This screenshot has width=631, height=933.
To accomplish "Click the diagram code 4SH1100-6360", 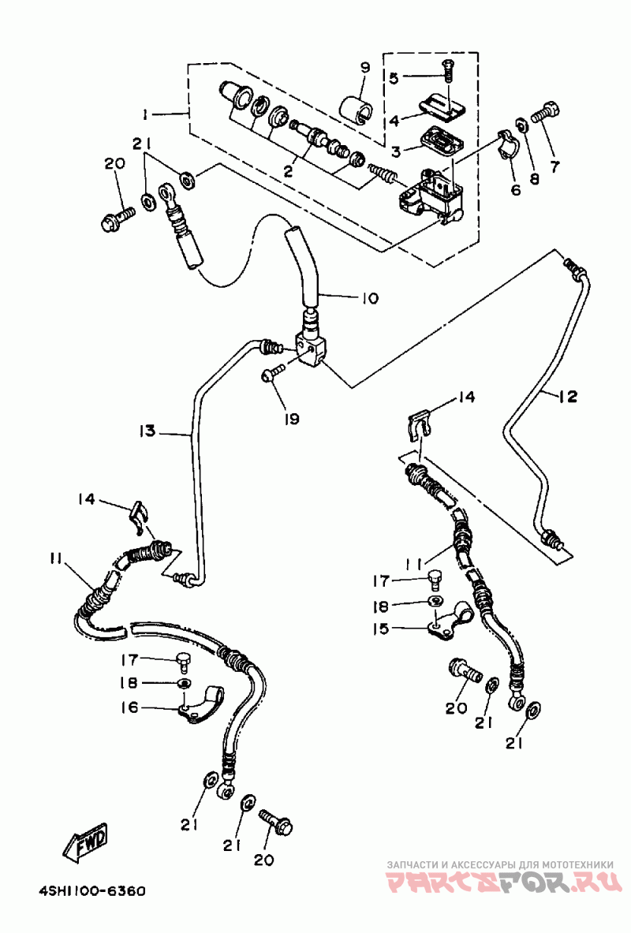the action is point(91,891).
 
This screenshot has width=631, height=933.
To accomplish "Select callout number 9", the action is point(365,68).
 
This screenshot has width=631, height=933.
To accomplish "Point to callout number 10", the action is point(370,297).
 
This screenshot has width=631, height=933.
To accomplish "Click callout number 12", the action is point(569,396).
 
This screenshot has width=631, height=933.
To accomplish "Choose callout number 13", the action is point(147,430).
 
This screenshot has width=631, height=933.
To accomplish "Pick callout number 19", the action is point(292,418).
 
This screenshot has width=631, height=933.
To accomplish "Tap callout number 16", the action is point(129,707).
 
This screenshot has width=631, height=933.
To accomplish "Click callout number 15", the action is point(380,629).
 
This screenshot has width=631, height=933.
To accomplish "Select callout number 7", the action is point(554,166).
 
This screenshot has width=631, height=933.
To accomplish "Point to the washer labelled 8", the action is point(520,125).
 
